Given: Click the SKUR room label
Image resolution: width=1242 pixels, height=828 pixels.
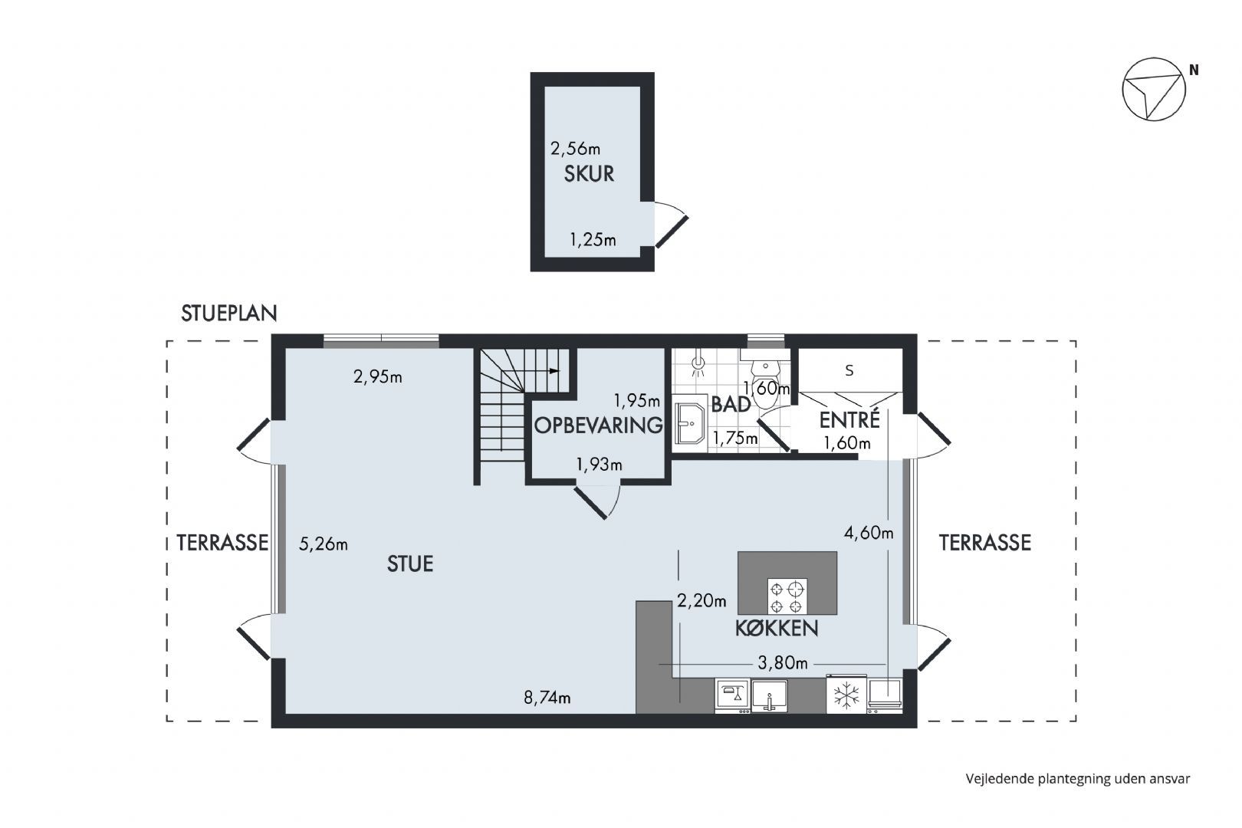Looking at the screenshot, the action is pos(589,174).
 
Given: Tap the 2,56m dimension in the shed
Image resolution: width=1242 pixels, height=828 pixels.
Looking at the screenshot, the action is pos(575,149).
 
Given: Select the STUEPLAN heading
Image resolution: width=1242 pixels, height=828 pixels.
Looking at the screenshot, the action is pos(229,314).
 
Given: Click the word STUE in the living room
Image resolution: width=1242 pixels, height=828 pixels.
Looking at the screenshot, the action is pos(409,564).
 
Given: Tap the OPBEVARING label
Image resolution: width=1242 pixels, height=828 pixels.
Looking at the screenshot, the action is pos(598,426).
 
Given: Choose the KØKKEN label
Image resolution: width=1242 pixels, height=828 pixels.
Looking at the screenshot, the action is pos(776,629).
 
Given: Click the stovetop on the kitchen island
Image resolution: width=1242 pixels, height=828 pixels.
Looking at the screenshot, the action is pos(787,596).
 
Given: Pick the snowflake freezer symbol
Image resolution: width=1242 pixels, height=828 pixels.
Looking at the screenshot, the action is pos(846,696).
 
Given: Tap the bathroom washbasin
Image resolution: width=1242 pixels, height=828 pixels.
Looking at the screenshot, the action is pos(690,422).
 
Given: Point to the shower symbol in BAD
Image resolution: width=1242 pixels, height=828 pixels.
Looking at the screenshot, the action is pos(698,364).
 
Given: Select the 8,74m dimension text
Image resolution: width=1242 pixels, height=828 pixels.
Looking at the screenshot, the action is pos(547,697).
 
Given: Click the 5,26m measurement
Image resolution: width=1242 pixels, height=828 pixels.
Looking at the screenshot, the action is pos(324,544).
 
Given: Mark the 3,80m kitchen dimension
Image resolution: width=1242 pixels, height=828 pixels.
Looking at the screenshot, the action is pos(782,662).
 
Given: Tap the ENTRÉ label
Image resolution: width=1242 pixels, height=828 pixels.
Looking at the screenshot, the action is pos(849,420).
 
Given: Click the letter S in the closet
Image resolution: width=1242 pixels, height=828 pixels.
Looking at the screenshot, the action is pos(849,370).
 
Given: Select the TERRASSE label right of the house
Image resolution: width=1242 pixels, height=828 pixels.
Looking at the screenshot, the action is pos(984,543).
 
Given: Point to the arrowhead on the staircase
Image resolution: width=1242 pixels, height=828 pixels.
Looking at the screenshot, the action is pos(554,371).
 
